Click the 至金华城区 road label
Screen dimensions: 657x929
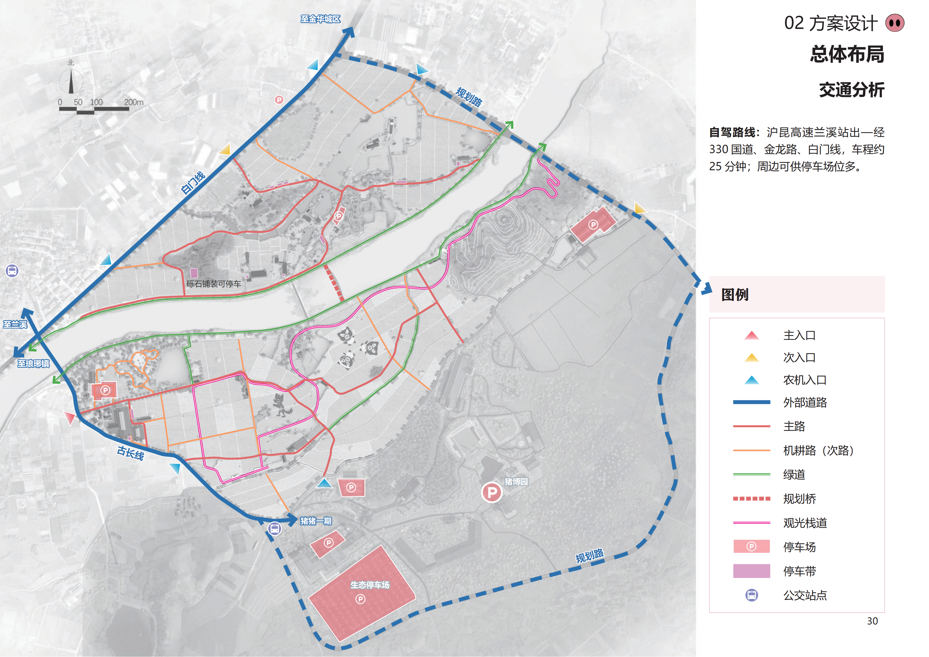(x=320, y=19)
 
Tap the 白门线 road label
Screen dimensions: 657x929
(x=193, y=183)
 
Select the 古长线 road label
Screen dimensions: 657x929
(x=130, y=453)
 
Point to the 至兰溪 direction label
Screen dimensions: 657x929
(x=15, y=324)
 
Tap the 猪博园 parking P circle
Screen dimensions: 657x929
(x=492, y=492)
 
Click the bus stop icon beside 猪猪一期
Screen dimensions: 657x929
(x=275, y=528)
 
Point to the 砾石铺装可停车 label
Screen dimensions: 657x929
(x=213, y=284)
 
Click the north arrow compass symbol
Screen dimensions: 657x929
(x=71, y=81)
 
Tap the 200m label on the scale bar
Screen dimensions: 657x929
(x=133, y=102)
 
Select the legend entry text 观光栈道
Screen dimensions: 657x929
(x=805, y=523)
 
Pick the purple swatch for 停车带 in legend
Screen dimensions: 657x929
(x=751, y=571)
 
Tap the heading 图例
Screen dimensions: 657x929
(x=735, y=295)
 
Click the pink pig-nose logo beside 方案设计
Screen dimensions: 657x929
(x=895, y=23)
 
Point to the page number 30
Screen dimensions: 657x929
(x=872, y=621)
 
